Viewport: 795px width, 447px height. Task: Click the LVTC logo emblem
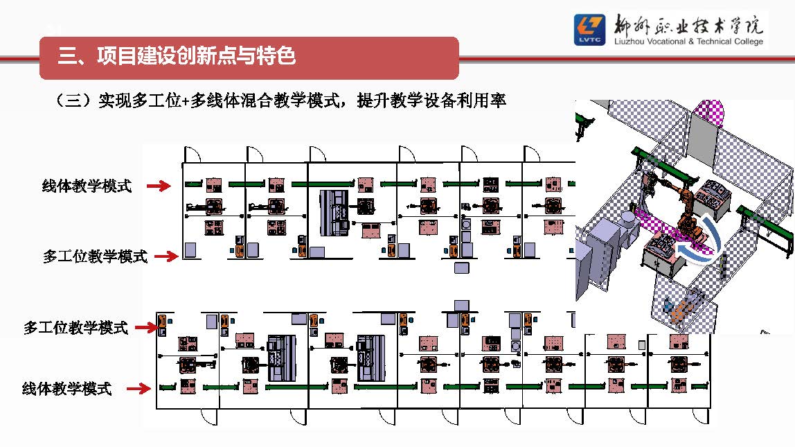(x=589, y=30)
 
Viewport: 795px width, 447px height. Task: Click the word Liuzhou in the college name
(x=629, y=42)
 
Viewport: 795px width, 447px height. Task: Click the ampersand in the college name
(x=696, y=42)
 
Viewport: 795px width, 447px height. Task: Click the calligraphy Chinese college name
(x=688, y=25)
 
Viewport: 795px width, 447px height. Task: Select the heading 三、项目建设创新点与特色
(x=177, y=56)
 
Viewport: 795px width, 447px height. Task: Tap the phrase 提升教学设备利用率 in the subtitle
(x=431, y=101)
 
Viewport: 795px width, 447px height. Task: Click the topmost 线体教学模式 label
(x=87, y=186)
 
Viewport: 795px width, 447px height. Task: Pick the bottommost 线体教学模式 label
(x=66, y=389)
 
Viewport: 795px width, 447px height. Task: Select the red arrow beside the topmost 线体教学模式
(x=159, y=186)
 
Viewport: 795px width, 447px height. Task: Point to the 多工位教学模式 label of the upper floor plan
(x=95, y=256)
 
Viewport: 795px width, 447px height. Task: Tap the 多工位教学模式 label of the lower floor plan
(x=75, y=328)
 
